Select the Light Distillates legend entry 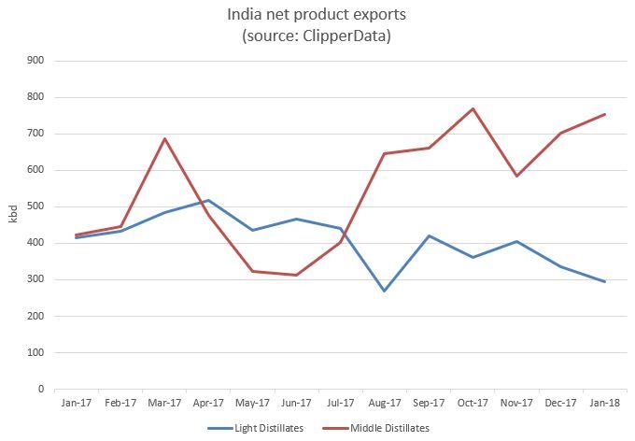(x=256, y=428)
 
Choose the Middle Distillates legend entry (x=375, y=428)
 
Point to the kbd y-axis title (x=13, y=214)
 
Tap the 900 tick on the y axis (x=35, y=61)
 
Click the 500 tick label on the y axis (x=35, y=206)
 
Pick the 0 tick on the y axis (x=41, y=389)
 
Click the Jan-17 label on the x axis (x=77, y=403)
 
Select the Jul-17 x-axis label (x=340, y=403)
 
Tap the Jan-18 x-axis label (x=604, y=403)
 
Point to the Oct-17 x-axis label (x=473, y=403)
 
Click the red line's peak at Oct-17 (x=473, y=108)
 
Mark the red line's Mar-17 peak (x=164, y=138)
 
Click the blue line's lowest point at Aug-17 (x=385, y=291)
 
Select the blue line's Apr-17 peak (x=208, y=200)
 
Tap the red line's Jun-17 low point (x=296, y=276)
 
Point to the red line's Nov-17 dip (x=516, y=177)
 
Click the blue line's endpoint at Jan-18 (x=604, y=282)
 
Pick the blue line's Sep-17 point (x=429, y=235)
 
